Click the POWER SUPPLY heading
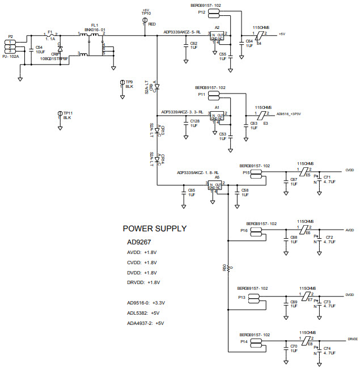click(x=154, y=229)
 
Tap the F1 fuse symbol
click(x=50, y=36)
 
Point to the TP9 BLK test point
click(x=122, y=83)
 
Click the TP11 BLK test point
click(x=60, y=115)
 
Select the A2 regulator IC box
click(x=217, y=36)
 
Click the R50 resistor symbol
click(x=228, y=267)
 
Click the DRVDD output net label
click(x=351, y=339)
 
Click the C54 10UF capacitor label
click(x=39, y=49)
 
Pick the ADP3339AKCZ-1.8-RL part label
click(x=198, y=172)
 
